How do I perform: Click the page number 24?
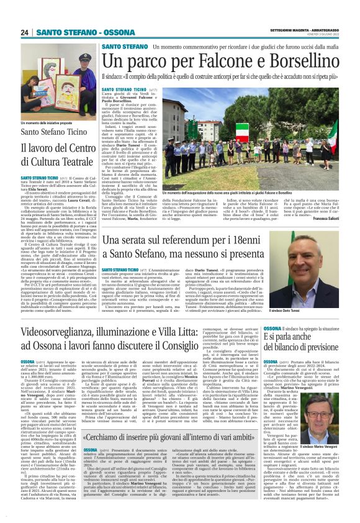tap(24, 32)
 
